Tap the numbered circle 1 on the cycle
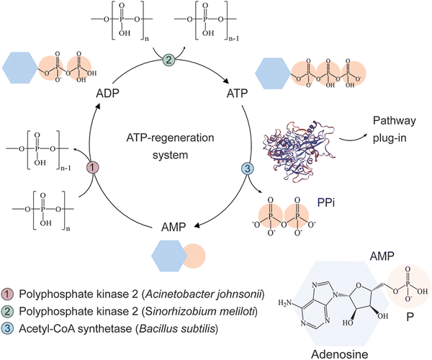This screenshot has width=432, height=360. point(92,168)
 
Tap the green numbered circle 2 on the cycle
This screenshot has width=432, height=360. point(168,60)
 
